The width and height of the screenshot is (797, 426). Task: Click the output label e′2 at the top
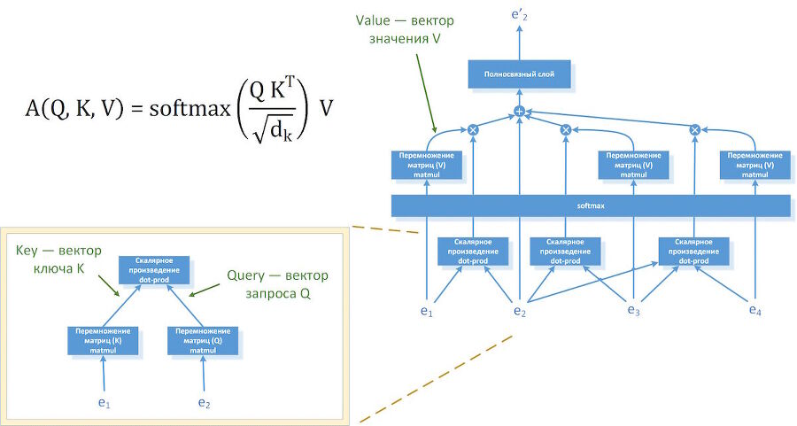520,12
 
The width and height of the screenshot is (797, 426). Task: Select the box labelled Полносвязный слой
520,74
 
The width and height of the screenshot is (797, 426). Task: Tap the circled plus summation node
520,112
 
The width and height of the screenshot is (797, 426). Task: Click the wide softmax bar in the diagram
591,205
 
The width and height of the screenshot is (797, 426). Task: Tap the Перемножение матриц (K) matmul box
103,340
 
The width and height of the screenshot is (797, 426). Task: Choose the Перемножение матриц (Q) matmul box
203,340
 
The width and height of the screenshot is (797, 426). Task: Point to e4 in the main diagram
754,310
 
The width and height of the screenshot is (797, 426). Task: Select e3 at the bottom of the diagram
634,310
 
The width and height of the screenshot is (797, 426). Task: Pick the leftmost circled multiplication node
473,129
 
